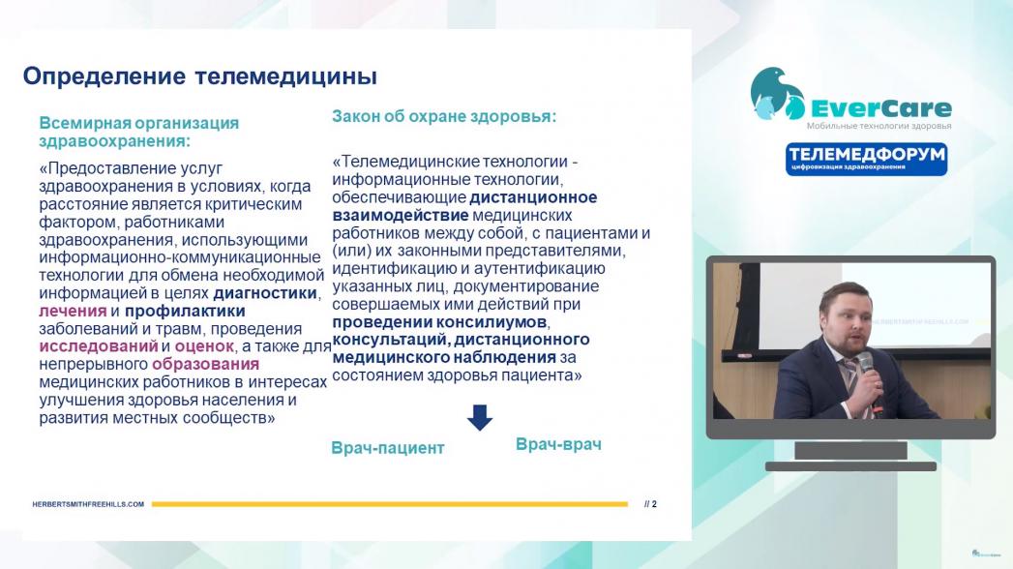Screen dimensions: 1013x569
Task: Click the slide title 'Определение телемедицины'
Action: pyautogui.click(x=200, y=76)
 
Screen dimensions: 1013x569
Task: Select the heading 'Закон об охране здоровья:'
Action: pyautogui.click(x=444, y=116)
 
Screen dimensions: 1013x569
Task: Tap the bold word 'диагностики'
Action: pyautogui.click(x=265, y=293)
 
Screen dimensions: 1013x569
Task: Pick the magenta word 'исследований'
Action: pyautogui.click(x=98, y=346)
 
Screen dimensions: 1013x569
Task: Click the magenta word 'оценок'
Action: pyautogui.click(x=204, y=346)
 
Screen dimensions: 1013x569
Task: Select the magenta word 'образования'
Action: pyautogui.click(x=205, y=364)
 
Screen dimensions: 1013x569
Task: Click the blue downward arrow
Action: pyautogui.click(x=479, y=417)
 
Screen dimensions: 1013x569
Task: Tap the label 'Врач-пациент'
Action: pyautogui.click(x=388, y=448)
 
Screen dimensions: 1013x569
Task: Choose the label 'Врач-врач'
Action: pyautogui.click(x=558, y=444)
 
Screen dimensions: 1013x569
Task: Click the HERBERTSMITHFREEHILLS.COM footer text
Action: pyautogui.click(x=88, y=504)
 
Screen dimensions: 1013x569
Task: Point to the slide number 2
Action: pyautogui.click(x=654, y=504)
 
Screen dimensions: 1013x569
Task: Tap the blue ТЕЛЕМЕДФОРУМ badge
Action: pyautogui.click(x=866, y=159)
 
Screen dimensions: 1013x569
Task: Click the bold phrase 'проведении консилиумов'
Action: pyautogui.click(x=439, y=321)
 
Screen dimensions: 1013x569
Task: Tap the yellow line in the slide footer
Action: pyautogui.click(x=390, y=504)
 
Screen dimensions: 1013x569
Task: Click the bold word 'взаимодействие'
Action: pyautogui.click(x=401, y=215)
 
